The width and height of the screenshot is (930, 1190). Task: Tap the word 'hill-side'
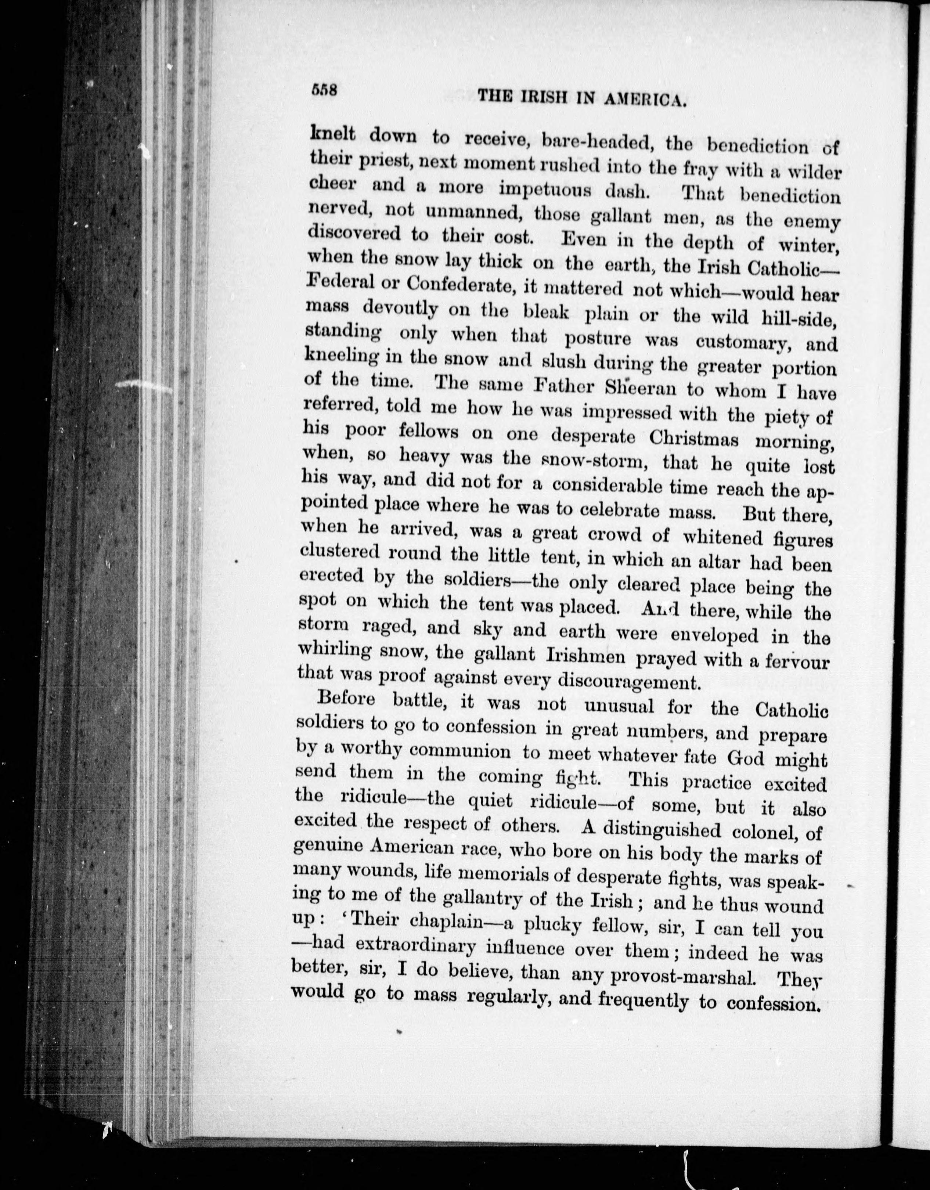click(797, 318)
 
